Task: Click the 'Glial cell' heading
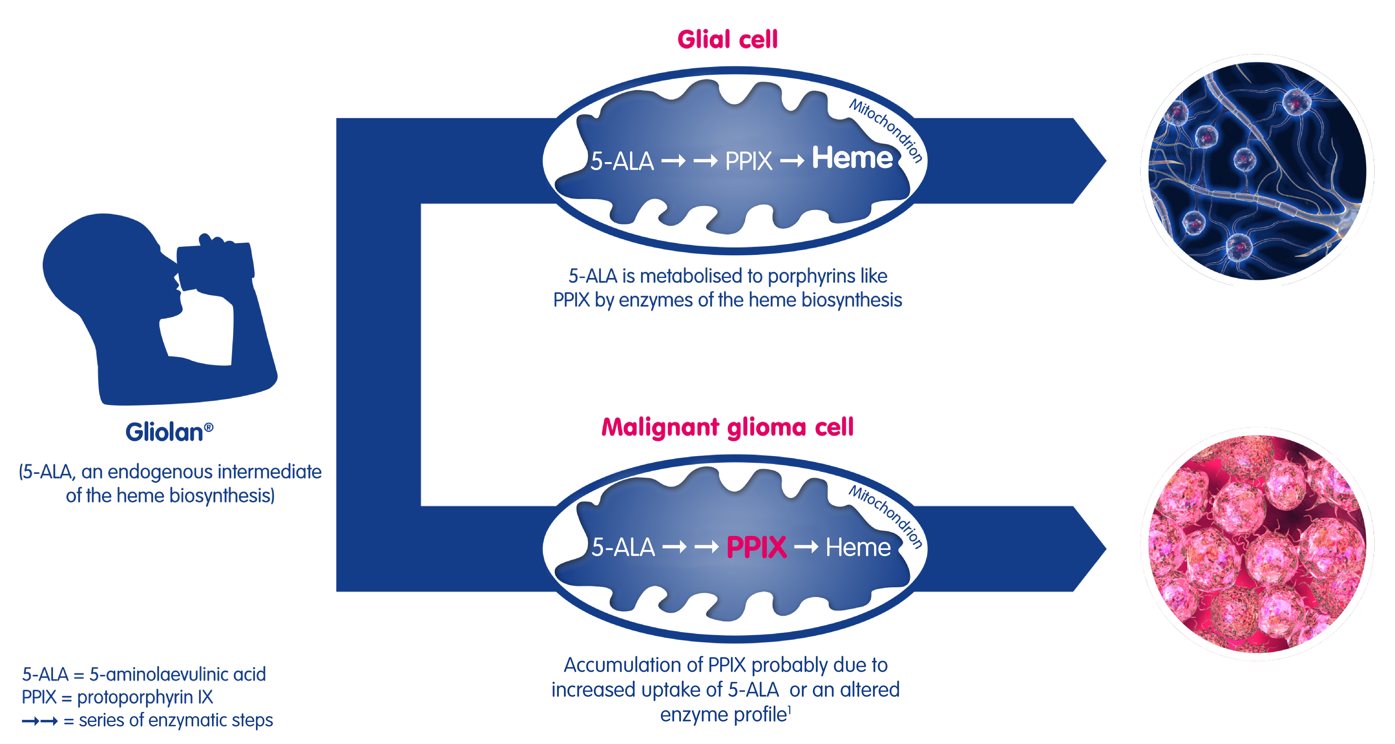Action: [x=727, y=40]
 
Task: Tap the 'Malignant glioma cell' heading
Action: [x=727, y=427]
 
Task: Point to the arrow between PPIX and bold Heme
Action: [x=792, y=161]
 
